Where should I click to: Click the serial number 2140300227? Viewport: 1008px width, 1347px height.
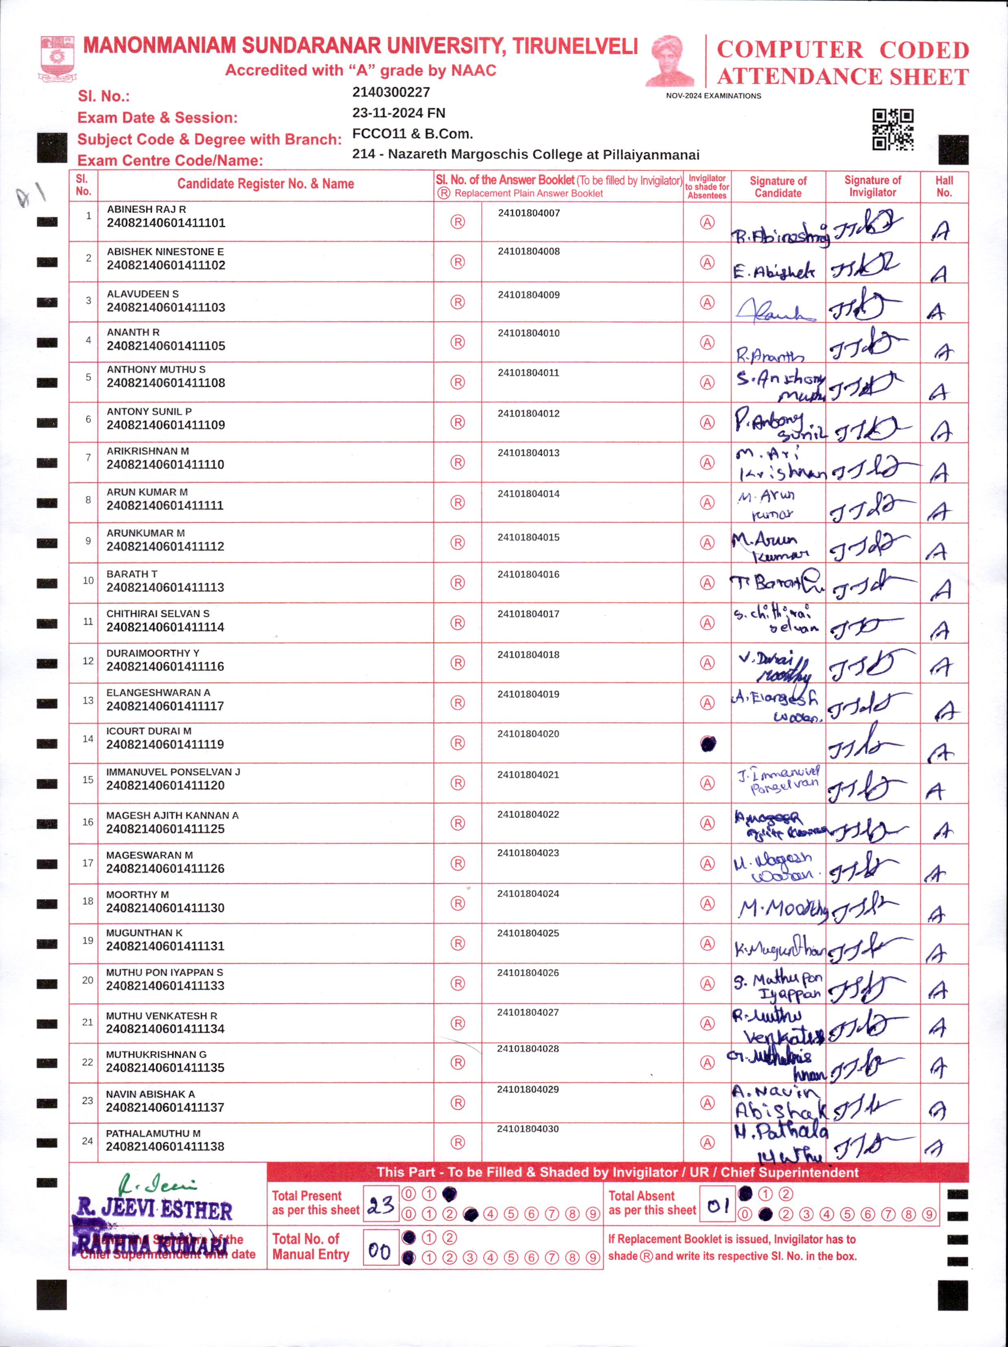coord(391,92)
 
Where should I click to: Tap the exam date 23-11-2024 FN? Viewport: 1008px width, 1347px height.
coord(398,113)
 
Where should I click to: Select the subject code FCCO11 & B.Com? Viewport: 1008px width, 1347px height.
coord(412,134)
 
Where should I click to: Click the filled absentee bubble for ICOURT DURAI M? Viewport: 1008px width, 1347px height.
coord(708,743)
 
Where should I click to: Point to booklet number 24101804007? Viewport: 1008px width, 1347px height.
coord(529,213)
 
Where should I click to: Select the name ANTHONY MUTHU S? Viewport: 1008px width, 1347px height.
coord(156,370)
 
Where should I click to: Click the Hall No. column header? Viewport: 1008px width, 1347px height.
coord(944,186)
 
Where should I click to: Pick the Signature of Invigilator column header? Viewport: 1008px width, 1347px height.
coord(872,186)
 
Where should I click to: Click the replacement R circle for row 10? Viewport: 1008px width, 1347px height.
coord(458,583)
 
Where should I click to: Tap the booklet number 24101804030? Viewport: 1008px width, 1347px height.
coord(528,1129)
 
